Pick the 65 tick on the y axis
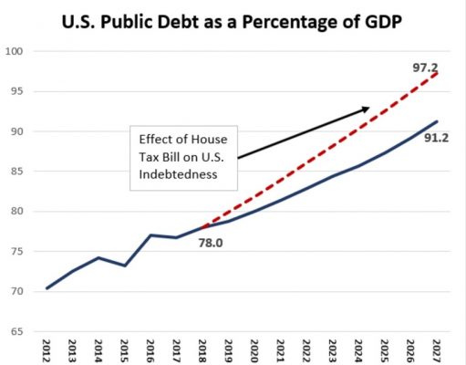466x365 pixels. click(x=16, y=331)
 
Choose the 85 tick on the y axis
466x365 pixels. click(x=16, y=172)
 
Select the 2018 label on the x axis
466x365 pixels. click(x=202, y=350)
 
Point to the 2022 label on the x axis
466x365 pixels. click(x=305, y=350)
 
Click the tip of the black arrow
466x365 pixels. click(x=369, y=108)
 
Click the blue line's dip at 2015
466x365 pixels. click(x=124, y=266)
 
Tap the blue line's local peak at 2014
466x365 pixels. click(x=98, y=257)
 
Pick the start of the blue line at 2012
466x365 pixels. click(x=46, y=287)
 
